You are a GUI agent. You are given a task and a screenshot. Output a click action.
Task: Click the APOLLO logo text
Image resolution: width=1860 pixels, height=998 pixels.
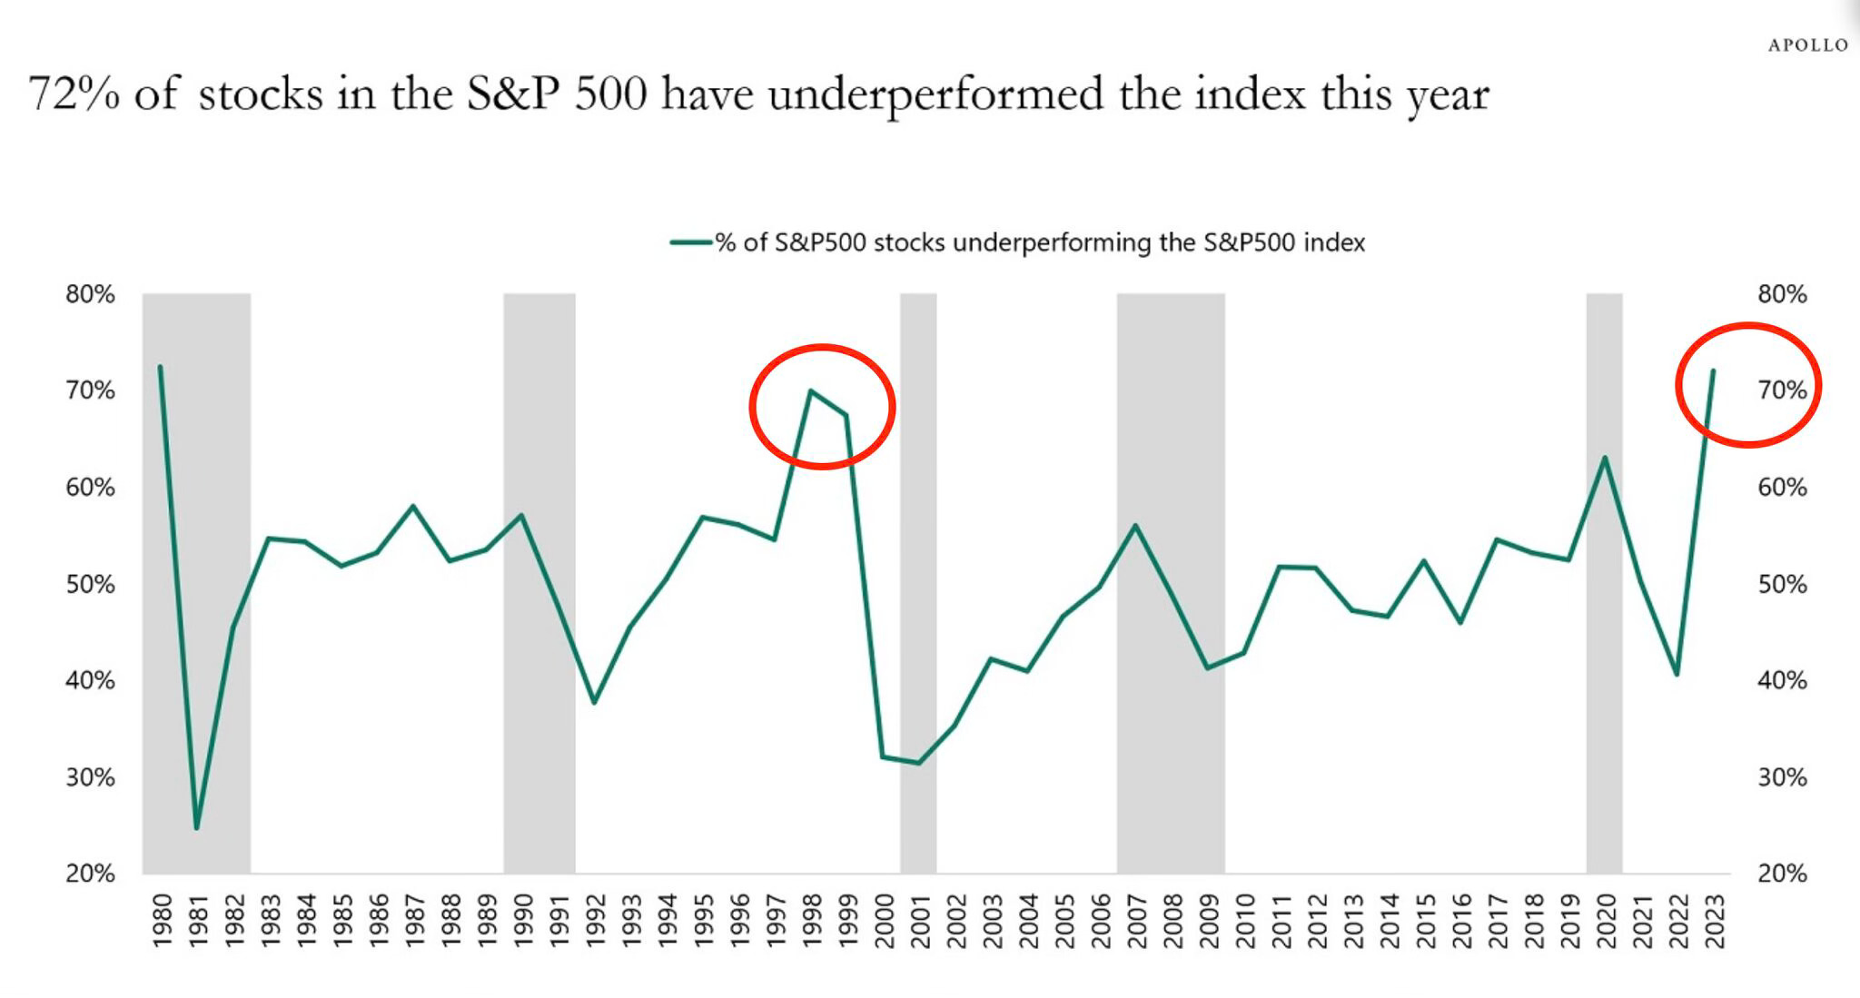point(1807,45)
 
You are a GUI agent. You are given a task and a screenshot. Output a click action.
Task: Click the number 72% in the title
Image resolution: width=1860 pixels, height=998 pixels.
point(74,94)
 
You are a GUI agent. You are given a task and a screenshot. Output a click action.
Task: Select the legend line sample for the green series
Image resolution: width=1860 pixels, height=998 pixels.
point(690,242)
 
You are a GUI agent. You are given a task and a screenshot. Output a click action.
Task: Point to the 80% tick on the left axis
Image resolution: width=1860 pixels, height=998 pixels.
point(90,294)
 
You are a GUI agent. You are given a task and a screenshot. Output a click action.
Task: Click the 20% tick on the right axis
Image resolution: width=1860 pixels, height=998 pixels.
point(1782,874)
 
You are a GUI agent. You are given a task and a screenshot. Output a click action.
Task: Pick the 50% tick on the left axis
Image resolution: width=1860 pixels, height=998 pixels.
point(90,584)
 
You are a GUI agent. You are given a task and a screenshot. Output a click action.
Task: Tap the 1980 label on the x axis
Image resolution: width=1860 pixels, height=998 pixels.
point(162,921)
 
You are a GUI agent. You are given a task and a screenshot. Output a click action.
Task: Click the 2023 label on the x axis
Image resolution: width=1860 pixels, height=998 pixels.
point(1714,921)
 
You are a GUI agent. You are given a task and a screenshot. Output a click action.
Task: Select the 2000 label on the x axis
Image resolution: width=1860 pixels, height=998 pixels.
point(884,921)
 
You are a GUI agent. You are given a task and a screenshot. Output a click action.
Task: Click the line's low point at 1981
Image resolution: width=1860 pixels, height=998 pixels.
point(196,827)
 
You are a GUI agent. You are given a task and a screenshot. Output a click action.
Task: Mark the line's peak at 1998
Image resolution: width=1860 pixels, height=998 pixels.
point(810,390)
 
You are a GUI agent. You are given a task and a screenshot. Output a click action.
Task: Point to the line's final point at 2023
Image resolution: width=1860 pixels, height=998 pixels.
point(1713,371)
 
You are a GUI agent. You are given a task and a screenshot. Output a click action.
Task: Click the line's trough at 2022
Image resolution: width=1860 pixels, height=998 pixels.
point(1677,675)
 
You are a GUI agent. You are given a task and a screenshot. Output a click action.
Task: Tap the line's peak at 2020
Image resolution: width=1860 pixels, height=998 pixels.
point(1605,457)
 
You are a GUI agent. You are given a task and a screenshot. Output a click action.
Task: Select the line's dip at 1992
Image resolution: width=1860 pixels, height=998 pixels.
point(594,703)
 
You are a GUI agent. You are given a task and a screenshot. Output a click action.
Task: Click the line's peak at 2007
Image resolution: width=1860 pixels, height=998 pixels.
point(1135,525)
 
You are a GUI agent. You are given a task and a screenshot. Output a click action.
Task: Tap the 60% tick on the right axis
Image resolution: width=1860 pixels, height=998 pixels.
point(1782,488)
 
